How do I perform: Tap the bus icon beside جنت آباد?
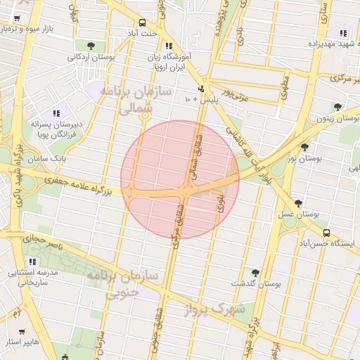(x=143, y=22)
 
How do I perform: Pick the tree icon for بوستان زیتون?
(x=338, y=107)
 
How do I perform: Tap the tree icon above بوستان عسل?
(x=299, y=202)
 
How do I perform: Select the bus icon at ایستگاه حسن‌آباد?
(x=326, y=233)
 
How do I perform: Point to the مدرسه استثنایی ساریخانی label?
(x=28, y=276)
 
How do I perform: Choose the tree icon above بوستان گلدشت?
(x=255, y=273)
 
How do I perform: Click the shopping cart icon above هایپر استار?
(x=22, y=331)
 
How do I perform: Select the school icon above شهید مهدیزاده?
(x=343, y=32)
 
